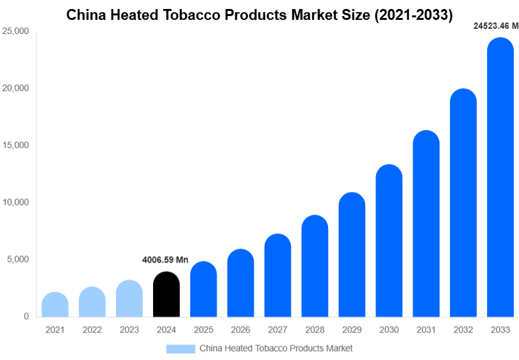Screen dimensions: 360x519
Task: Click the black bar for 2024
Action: coord(167,295)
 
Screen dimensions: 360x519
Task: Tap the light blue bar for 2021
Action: coord(55,305)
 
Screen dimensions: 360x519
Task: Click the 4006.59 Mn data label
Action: coord(165,260)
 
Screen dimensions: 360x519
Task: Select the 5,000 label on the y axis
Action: coord(17,259)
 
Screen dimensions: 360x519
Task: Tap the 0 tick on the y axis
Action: coord(26,316)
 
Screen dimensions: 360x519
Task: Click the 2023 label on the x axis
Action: coord(129,330)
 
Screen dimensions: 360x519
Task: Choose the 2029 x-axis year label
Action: coord(352,330)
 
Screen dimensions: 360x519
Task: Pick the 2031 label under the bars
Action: coord(426,330)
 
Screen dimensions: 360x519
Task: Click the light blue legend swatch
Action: coord(181,348)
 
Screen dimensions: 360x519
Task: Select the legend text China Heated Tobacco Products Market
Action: coord(276,348)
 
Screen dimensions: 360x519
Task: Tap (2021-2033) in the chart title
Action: coord(409,13)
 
